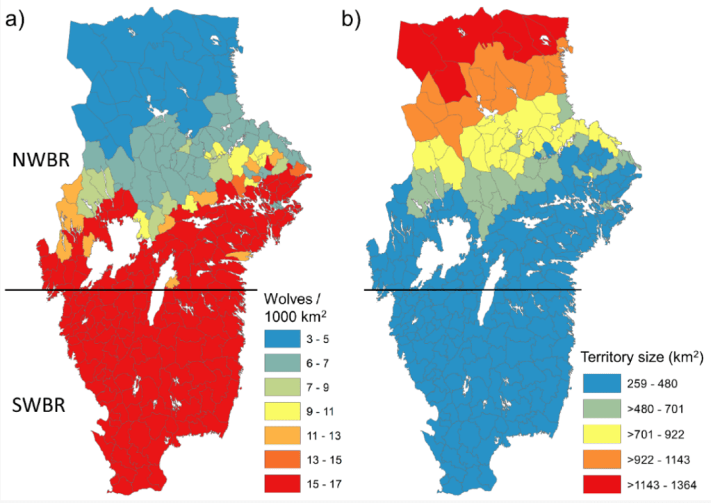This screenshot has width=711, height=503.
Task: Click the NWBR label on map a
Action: click(x=40, y=160)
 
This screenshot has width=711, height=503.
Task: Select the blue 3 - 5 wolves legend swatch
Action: click(x=286, y=339)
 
